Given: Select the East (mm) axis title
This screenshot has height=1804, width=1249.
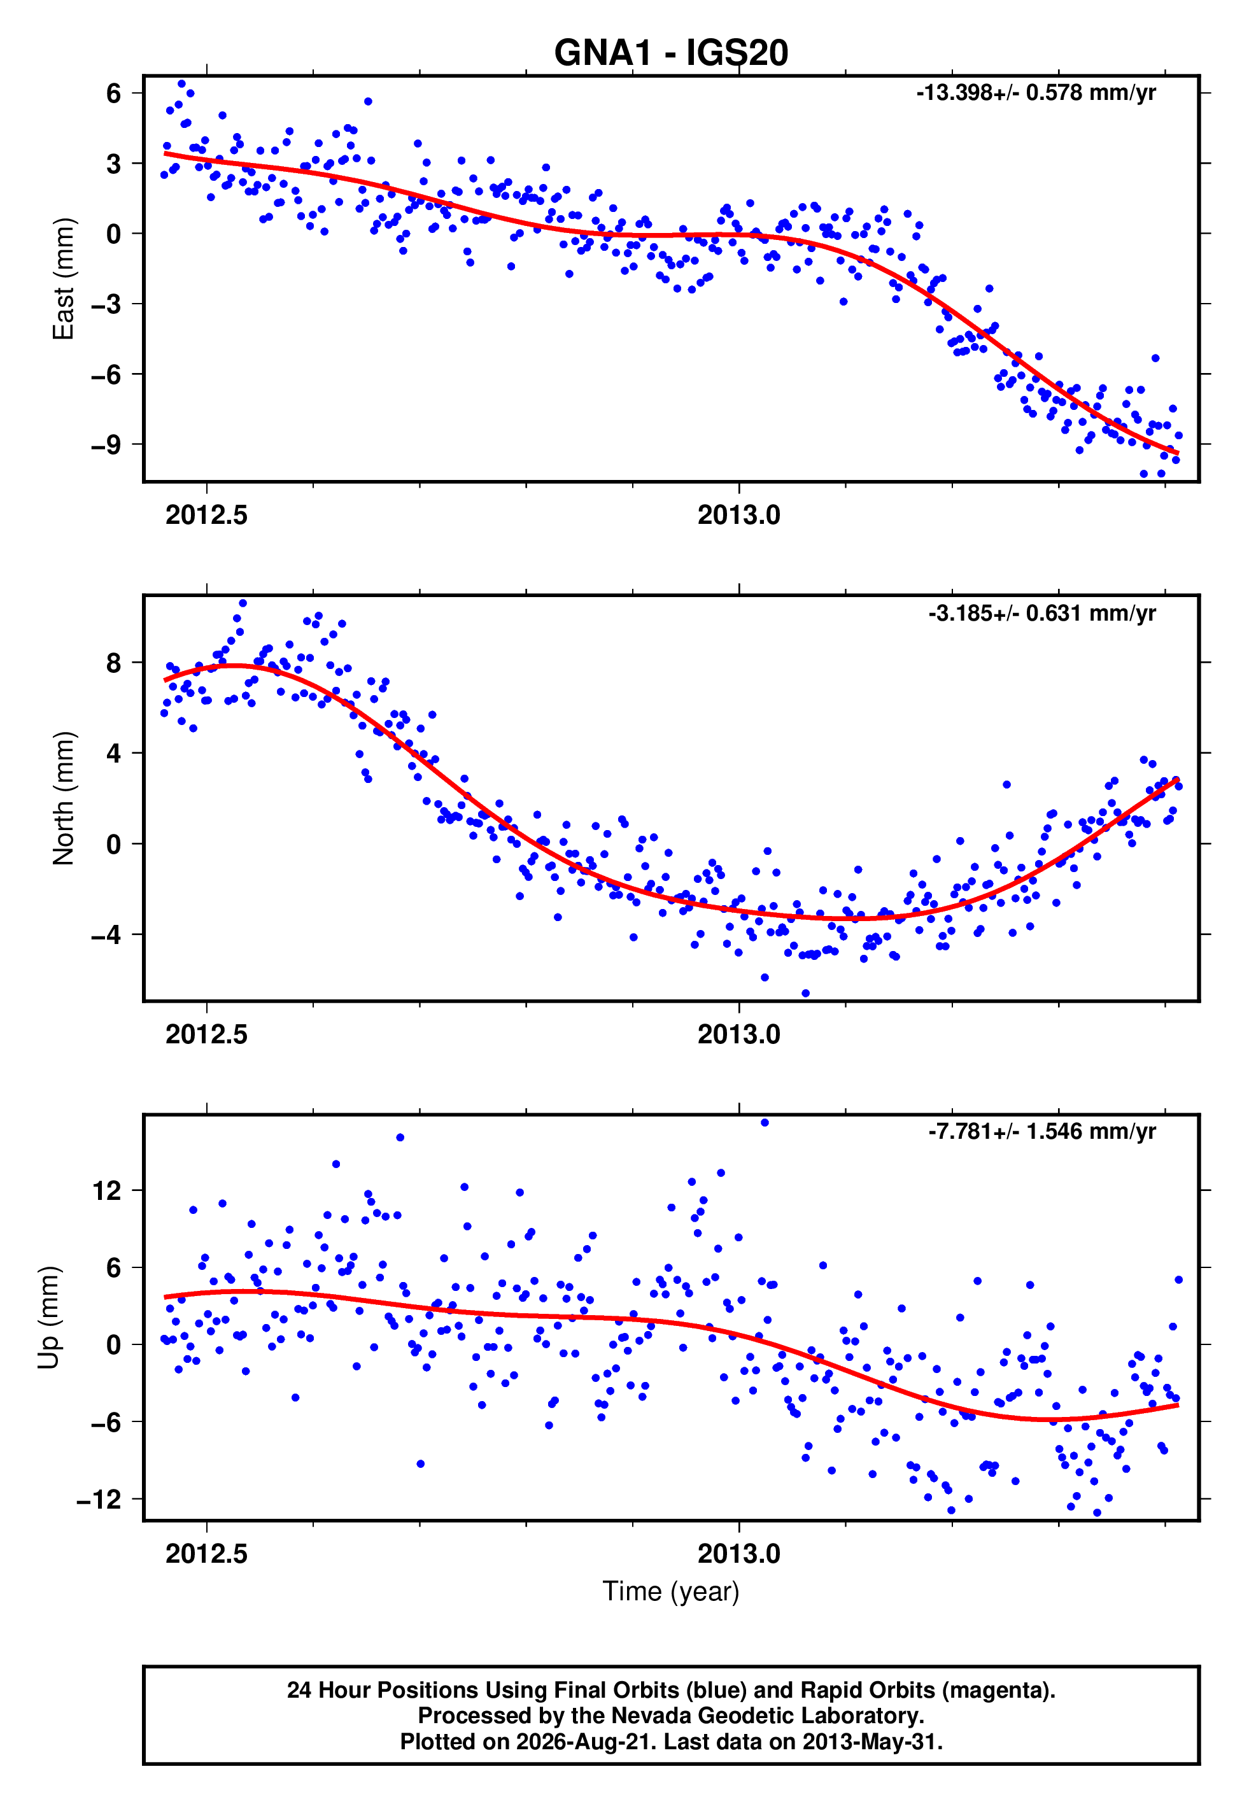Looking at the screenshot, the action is (64, 279).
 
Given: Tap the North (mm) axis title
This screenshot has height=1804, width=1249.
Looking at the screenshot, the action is (64, 798).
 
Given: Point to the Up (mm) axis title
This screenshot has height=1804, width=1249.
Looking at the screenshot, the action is (48, 1318).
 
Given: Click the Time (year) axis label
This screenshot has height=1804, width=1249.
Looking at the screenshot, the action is (671, 1591).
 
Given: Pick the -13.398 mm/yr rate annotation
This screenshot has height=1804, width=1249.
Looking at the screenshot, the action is (1036, 93).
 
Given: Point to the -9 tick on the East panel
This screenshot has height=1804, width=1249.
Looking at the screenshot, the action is (106, 444).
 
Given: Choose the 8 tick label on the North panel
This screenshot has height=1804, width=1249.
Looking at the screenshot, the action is (114, 663).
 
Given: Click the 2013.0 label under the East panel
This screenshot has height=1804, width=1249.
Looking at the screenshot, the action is (738, 515).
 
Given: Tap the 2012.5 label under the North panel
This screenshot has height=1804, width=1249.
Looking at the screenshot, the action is (207, 1034).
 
